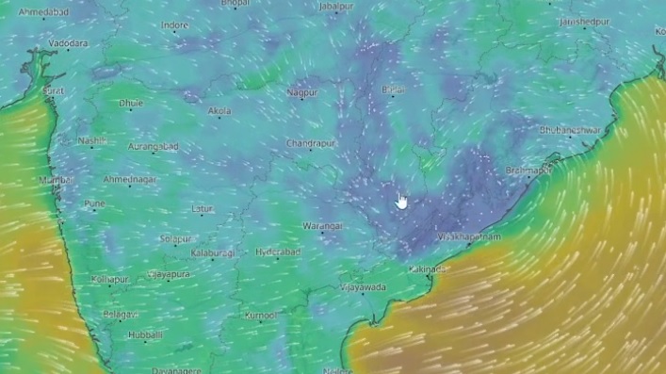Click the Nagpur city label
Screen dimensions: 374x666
302,92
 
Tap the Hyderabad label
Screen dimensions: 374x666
277,252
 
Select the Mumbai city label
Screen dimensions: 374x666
56,179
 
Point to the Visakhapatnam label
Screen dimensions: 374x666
468,237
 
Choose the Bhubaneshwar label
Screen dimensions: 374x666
570,130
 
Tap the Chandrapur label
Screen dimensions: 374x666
311,143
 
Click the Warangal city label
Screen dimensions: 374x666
322,227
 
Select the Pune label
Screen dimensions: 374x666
94,203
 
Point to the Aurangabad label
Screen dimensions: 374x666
154,147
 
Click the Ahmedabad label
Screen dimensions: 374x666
43,12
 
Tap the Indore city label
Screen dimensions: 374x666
174,25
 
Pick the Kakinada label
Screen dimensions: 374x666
428,269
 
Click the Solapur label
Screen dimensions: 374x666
175,239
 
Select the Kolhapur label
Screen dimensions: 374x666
109,280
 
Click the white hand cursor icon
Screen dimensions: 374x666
401,201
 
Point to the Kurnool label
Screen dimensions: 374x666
260,316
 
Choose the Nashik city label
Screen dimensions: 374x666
92,141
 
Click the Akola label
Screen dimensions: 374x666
219,111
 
